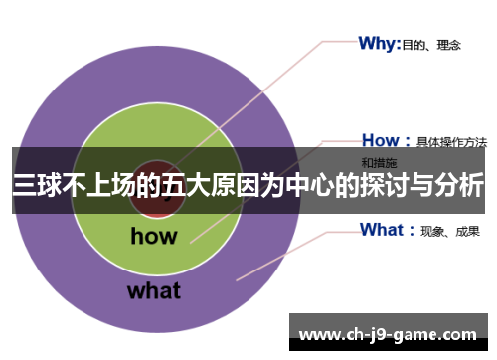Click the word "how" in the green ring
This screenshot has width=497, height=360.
point(153,236)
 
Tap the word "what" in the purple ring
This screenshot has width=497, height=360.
point(153,290)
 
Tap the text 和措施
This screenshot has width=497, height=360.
point(379,161)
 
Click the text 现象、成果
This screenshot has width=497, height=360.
point(450,232)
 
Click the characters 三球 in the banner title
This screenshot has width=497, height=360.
point(35,185)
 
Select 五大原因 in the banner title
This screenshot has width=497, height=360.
point(204,185)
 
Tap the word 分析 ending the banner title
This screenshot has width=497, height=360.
point(461,185)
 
